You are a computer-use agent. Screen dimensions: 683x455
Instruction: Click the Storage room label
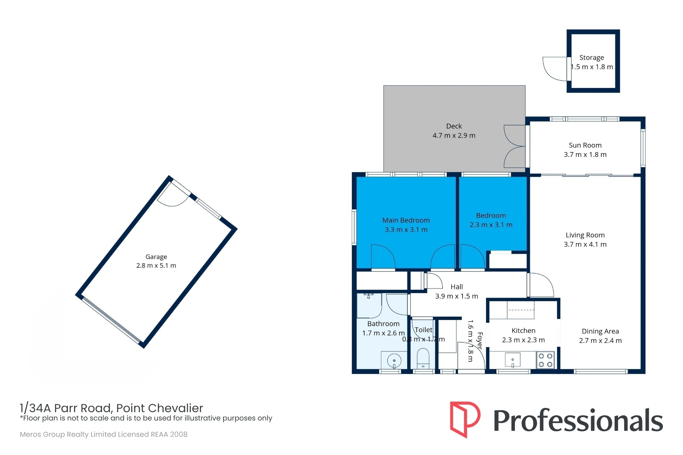pos(592,58)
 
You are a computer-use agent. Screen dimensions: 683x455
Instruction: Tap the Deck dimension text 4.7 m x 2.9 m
pos(454,135)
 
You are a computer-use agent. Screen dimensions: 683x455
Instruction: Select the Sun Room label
pos(585,145)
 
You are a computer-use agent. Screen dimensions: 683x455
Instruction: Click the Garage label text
pos(156,257)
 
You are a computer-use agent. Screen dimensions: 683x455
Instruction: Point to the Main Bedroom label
pos(406,220)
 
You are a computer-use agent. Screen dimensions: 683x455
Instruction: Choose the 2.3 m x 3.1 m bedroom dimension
pos(491,225)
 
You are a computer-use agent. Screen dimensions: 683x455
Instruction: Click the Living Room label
pos(585,235)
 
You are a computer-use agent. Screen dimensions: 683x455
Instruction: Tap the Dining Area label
pos(600,331)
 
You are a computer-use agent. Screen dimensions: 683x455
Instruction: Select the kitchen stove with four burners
pos(545,360)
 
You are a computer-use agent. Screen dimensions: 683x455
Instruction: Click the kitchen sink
pos(513,360)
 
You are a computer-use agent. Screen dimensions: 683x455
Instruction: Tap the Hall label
pos(456,287)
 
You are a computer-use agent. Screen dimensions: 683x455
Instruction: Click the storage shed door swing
pos(555,69)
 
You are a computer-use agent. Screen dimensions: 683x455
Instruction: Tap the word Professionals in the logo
pos(578,420)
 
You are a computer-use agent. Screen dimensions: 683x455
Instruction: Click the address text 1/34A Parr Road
pos(65,408)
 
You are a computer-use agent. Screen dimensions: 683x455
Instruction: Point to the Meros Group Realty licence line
pos(104,435)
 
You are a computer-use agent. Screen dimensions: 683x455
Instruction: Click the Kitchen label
pos(523,331)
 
